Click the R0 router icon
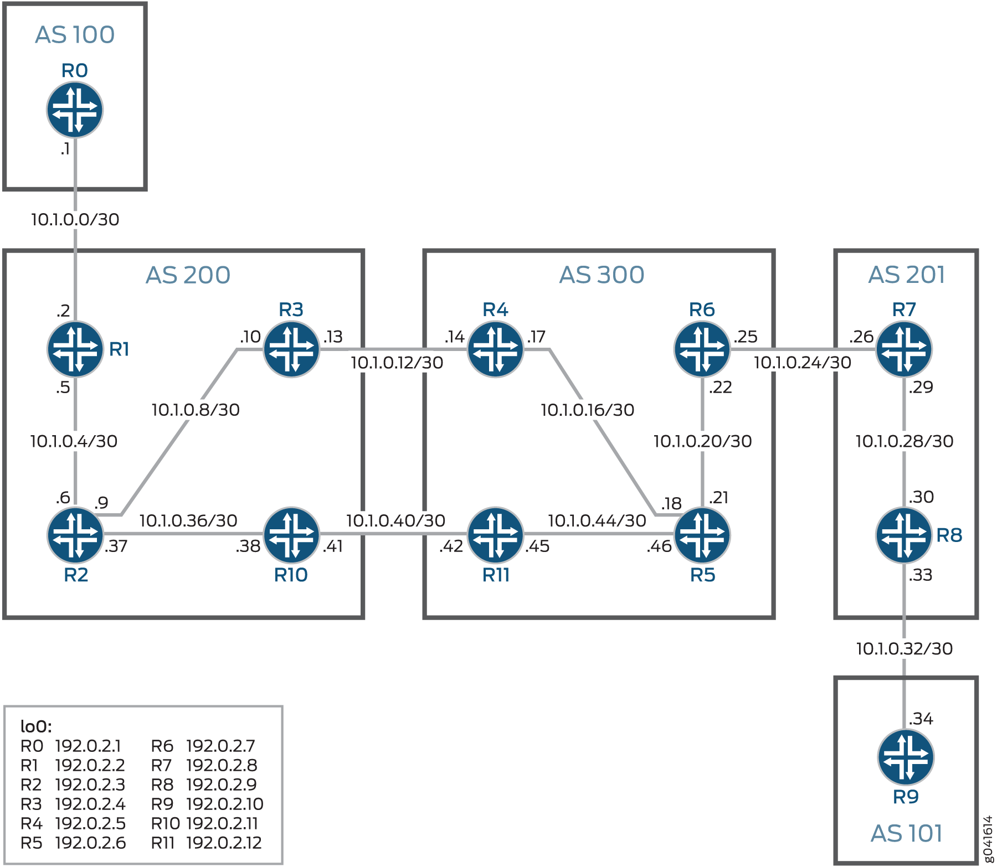tap(75, 110)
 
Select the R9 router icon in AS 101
tap(906, 757)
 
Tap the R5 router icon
tap(702, 535)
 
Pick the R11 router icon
tap(495, 535)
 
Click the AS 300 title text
tap(602, 275)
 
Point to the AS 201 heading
tap(906, 275)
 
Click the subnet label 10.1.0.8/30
tap(196, 410)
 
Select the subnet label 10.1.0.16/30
tap(587, 410)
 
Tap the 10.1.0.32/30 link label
tap(904, 648)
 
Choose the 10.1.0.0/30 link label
tap(75, 219)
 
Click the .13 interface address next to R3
tap(333, 337)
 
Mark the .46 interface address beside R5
tap(659, 546)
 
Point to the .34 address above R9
tap(921, 719)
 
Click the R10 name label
tap(291, 575)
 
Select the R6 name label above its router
tap(702, 309)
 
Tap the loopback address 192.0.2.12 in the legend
tap(224, 843)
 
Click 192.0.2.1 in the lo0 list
tap(88, 746)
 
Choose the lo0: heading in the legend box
tap(36, 726)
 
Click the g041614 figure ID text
tap(988, 838)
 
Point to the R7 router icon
tap(904, 349)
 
